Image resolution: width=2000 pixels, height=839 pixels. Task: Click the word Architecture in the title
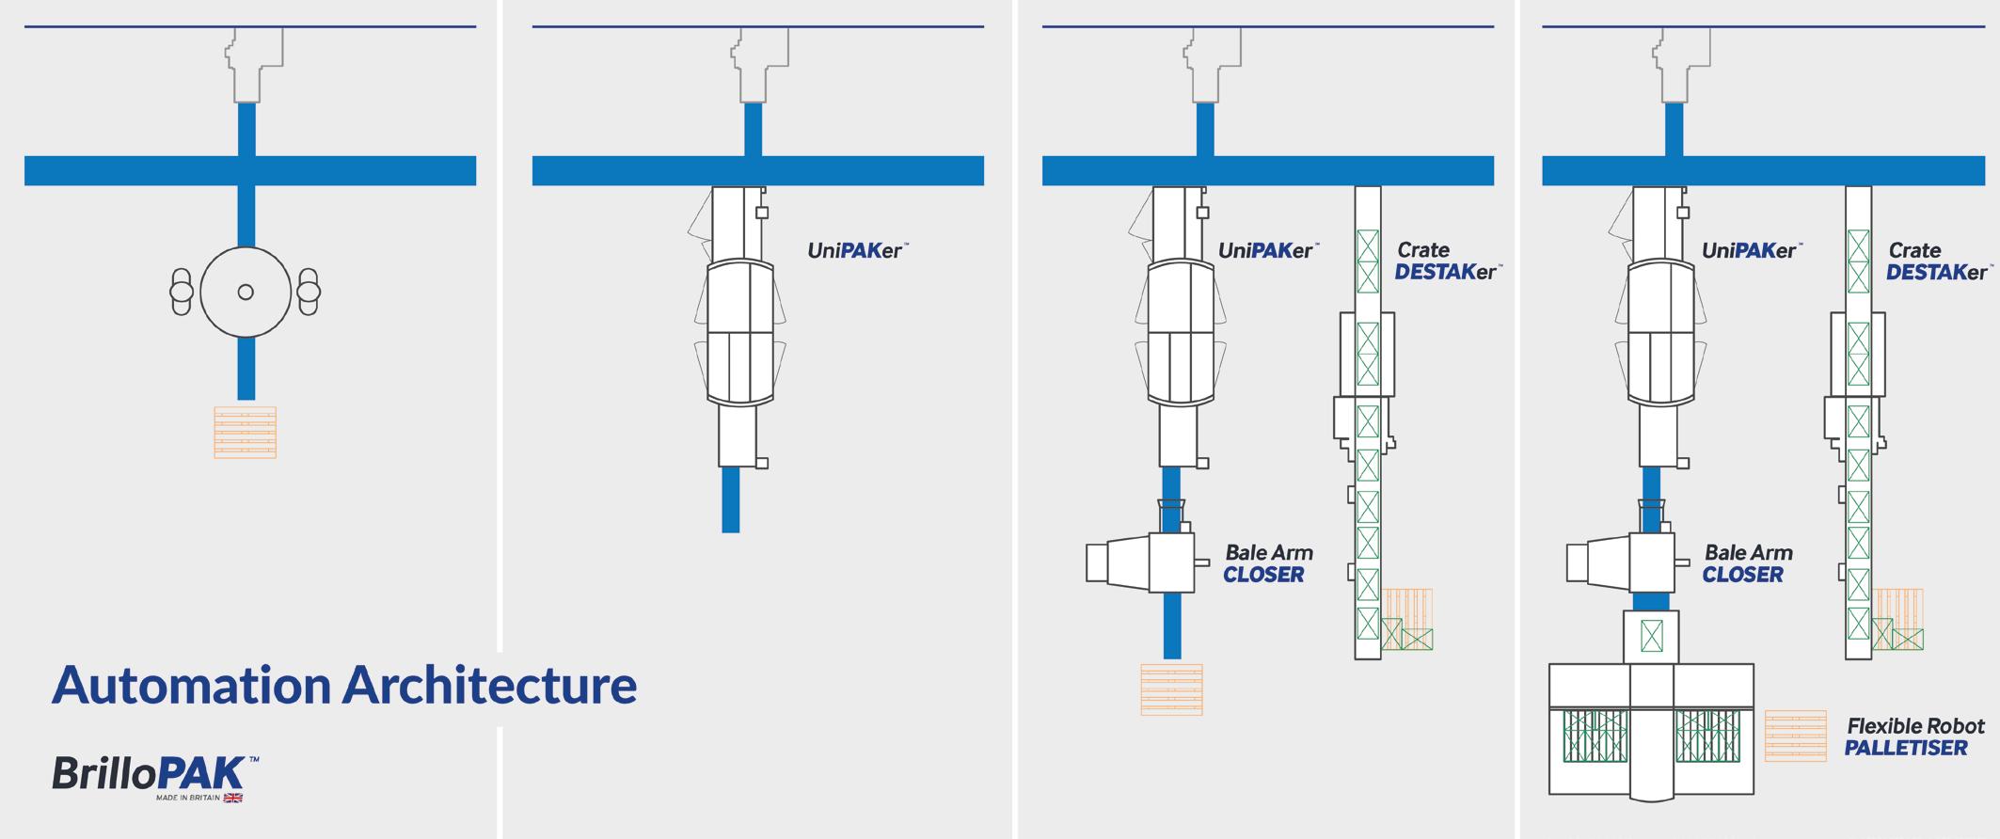489,685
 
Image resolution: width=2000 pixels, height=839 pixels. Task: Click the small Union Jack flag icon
232,798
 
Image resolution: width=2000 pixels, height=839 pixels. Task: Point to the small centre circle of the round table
246,293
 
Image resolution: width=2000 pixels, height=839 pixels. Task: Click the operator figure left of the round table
181,292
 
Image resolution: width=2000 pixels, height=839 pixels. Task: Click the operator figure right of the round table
309,292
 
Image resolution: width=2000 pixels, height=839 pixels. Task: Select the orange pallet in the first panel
245,433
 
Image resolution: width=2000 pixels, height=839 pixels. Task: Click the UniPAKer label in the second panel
856,251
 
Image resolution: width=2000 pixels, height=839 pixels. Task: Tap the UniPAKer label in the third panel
1267,251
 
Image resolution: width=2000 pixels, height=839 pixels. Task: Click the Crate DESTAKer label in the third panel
1446,261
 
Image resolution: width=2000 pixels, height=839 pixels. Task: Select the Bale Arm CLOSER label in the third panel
1267,563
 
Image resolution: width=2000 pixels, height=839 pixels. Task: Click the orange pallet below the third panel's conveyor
1171,689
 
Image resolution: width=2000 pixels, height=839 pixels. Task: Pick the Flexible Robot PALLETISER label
1913,736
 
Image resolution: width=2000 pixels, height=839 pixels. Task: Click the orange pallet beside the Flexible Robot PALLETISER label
1795,736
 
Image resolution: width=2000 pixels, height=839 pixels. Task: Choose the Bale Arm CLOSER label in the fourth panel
1747,563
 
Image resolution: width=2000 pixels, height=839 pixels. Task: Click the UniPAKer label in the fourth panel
1750,251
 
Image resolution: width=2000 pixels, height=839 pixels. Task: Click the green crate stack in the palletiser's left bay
1595,736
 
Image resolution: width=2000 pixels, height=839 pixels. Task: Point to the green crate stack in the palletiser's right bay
1707,736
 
